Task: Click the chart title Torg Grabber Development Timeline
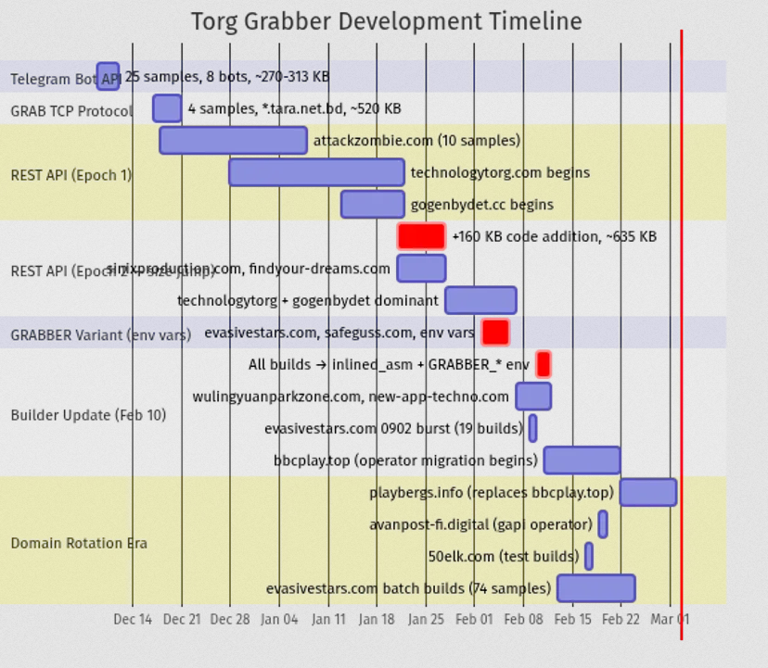pos(386,21)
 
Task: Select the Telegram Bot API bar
pos(108,77)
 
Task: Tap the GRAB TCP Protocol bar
pos(167,108)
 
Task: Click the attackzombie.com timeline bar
pos(233,140)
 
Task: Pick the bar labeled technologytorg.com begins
pos(316,172)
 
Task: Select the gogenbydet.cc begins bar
pos(372,204)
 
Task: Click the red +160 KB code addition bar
pos(421,236)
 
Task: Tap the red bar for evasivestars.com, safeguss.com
pos(495,332)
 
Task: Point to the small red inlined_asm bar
pos(544,364)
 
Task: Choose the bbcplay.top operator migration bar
pos(582,460)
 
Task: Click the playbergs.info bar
pos(647,492)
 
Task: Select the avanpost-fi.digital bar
pos(603,524)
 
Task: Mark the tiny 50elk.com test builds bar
pos(589,556)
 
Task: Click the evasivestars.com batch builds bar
pos(595,588)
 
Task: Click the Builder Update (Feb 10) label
pos(88,415)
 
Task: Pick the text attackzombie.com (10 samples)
pos(416,141)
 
